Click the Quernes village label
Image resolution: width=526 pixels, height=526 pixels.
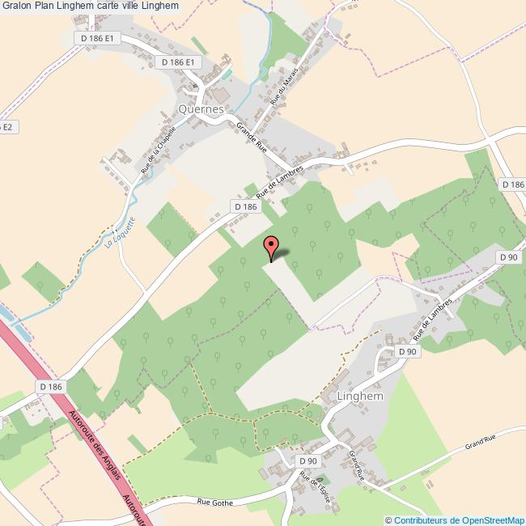tap(201, 108)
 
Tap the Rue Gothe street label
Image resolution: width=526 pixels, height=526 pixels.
tap(215, 503)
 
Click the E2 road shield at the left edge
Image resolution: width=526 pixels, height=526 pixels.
tap(6, 127)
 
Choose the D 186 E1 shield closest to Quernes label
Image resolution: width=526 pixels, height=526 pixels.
tap(177, 62)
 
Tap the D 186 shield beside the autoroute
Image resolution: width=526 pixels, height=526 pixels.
tap(50, 388)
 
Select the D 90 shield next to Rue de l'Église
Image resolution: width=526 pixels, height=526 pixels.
tap(308, 461)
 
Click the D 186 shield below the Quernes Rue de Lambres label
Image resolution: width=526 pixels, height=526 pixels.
tap(244, 207)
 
